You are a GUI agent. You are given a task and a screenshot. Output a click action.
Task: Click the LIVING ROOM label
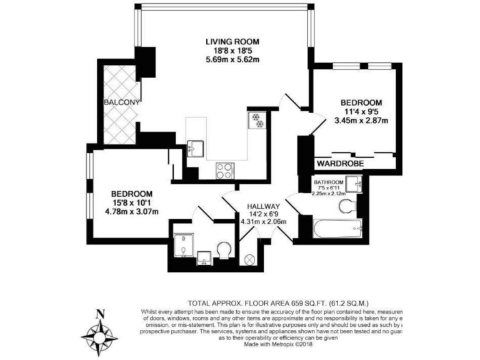pos(232,41)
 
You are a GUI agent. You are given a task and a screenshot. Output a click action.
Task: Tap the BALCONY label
pos(121,101)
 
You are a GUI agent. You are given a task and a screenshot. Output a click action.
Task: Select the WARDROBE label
pos(339,163)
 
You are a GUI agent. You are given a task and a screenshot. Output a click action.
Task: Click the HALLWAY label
pos(262,206)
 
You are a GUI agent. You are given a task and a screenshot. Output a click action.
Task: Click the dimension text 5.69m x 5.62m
pos(232,60)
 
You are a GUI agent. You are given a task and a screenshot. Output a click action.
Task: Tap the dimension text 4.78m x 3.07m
pos(132,211)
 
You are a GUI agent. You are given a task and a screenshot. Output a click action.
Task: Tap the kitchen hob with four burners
pos(225,169)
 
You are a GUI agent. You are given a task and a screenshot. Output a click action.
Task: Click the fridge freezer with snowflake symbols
pos(257,119)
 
